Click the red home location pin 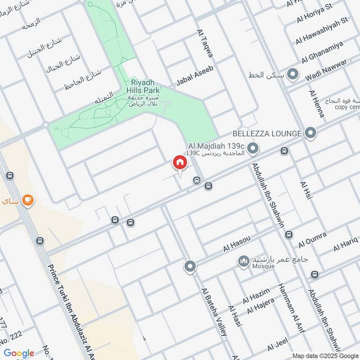tap(180, 162)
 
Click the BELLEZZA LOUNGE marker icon tap(310, 133)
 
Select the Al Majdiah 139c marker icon tap(253, 147)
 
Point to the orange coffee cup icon tap(27, 200)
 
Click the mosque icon tap(244, 261)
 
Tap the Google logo tap(19, 353)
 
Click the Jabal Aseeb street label tap(194, 75)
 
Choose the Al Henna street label tap(316, 103)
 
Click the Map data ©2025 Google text tap(324, 354)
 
